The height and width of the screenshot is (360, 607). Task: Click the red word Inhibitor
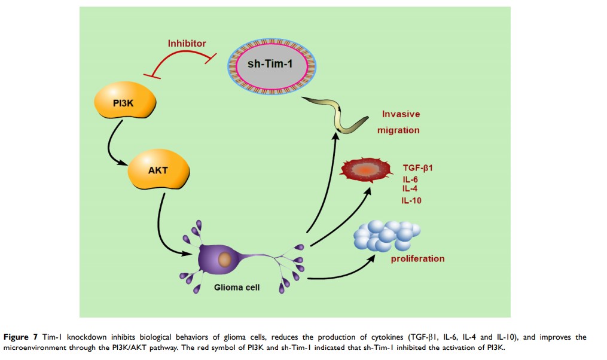tap(187, 43)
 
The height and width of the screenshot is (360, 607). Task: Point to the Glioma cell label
tap(237, 288)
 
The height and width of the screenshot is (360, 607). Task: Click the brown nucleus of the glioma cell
tap(225, 260)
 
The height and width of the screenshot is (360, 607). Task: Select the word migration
tap(402, 130)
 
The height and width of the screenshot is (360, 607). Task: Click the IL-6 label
tap(411, 178)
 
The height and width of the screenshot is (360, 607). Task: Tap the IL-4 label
tap(410, 189)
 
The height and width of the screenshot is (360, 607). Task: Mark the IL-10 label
tap(411, 200)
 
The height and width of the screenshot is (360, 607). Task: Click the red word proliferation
tap(417, 259)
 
